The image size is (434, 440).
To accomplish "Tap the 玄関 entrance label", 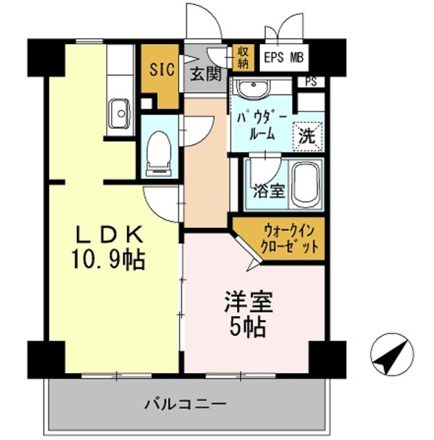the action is point(206,75).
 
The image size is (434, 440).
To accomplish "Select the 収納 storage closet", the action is point(243,57).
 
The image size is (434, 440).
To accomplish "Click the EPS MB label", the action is point(284,58).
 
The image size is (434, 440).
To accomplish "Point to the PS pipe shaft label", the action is point(311,81).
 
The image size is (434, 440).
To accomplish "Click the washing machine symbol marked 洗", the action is point(307,136).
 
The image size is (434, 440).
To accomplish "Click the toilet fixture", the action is point(159,153).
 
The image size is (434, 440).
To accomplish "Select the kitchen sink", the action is point(120,113).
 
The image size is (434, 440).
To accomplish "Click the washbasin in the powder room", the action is point(253,87).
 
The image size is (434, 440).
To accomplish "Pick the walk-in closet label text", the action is point(290,239).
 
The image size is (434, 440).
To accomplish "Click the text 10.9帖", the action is point(109,260).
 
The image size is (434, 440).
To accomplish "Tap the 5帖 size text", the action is point(248,327).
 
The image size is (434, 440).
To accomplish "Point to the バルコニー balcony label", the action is point(185,404).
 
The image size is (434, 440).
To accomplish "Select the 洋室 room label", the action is point(248,302).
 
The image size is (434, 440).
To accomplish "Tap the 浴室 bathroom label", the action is point(269,191).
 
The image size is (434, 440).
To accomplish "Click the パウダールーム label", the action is point(261,127).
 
